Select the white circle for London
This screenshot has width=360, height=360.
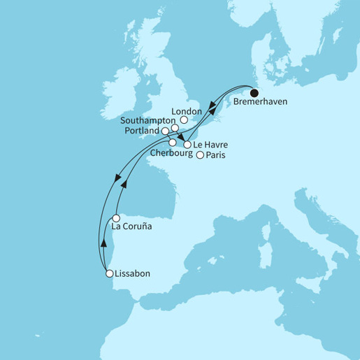(x=185, y=120)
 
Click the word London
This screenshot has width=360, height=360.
(x=187, y=110)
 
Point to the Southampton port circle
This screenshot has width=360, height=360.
(x=174, y=128)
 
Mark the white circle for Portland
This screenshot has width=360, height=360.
(x=165, y=131)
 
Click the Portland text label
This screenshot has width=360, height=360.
(x=141, y=131)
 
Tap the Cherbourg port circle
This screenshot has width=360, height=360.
(x=172, y=142)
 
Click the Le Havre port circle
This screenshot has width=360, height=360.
(x=187, y=145)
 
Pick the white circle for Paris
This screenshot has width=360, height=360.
(x=200, y=155)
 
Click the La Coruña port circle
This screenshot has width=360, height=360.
(x=116, y=217)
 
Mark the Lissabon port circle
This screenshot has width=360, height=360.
(x=108, y=274)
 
